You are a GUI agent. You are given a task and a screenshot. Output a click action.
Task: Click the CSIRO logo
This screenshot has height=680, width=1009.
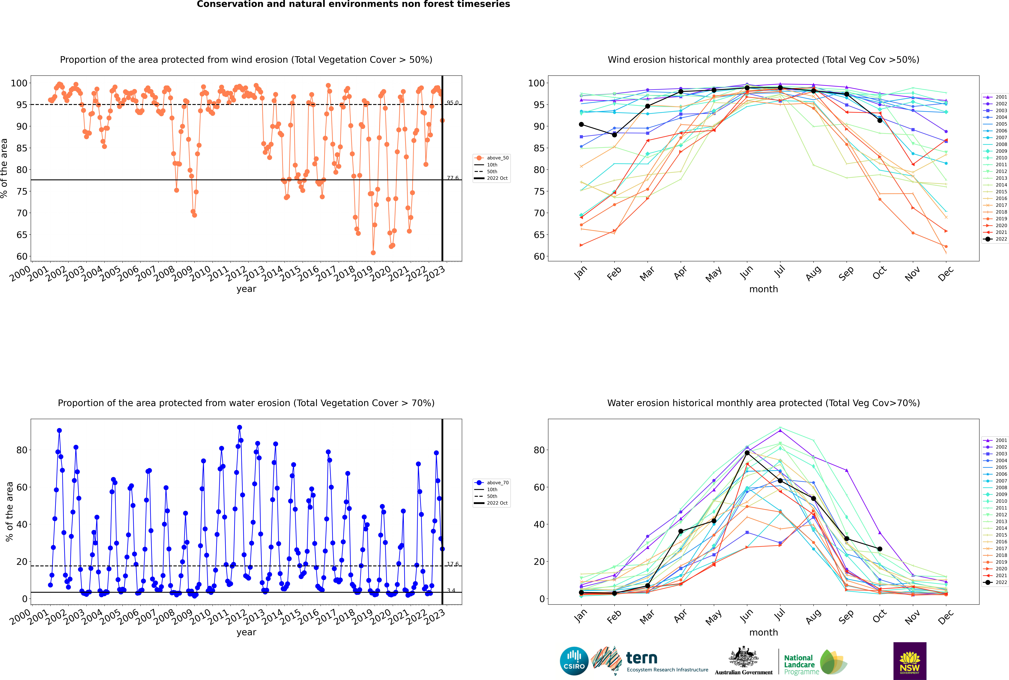coord(574,661)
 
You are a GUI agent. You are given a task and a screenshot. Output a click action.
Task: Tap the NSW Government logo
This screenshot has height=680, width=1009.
coord(910,661)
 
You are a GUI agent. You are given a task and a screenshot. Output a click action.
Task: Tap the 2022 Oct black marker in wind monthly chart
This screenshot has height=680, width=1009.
coord(880,120)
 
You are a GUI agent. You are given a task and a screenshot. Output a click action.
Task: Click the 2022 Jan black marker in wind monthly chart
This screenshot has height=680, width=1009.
coord(581,124)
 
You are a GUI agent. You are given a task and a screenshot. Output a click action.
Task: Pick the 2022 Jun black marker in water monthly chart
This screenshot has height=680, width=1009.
coord(747,453)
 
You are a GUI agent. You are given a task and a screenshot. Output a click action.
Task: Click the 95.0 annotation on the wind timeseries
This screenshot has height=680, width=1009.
coord(452,103)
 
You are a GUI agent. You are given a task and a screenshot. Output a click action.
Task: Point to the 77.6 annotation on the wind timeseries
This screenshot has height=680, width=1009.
coord(452,178)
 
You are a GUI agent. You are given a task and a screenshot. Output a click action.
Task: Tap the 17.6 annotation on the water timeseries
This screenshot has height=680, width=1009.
coord(452,564)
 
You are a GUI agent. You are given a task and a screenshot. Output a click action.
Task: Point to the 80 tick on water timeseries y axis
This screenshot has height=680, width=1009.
coord(22,450)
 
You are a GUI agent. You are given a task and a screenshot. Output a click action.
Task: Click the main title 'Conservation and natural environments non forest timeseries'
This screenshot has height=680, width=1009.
coord(354,4)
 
